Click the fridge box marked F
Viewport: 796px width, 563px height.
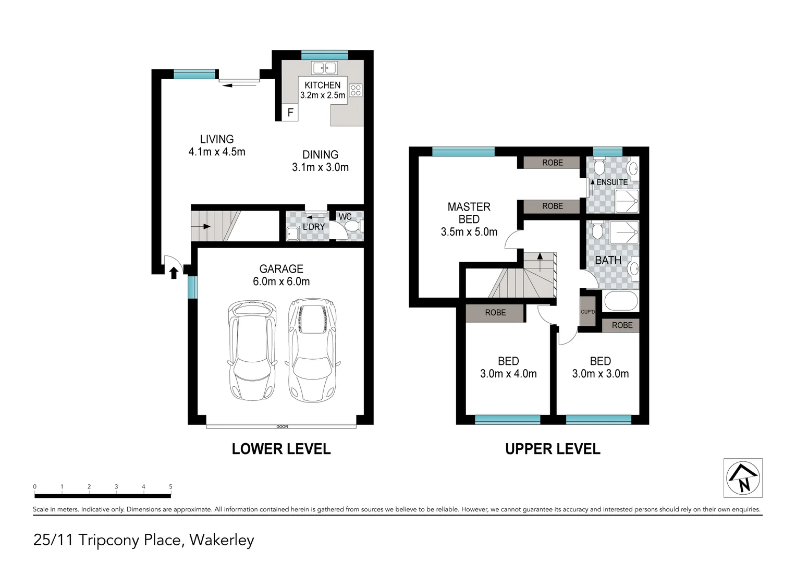pos(290,113)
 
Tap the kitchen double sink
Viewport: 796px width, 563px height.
pos(324,68)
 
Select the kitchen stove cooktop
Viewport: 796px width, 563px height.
pos(356,90)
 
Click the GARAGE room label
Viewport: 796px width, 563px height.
pos(281,269)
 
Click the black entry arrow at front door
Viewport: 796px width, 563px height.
pos(174,272)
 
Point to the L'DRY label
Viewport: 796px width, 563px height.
pos(313,227)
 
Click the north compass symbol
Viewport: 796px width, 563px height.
pos(743,478)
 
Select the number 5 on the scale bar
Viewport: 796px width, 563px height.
pos(170,487)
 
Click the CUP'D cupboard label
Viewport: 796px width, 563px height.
pos(587,312)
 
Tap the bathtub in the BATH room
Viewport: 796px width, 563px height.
pos(620,301)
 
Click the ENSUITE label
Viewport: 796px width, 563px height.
pos(612,182)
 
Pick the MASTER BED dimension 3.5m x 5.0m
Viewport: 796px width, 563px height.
pos(469,232)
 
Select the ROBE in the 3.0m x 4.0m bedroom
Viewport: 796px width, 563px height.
pos(495,313)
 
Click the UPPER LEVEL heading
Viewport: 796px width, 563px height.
pos(553,449)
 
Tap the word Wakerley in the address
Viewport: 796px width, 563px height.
pos(222,540)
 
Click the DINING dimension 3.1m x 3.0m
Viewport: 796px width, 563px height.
pos(320,167)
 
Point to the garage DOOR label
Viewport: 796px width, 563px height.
pos(282,426)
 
